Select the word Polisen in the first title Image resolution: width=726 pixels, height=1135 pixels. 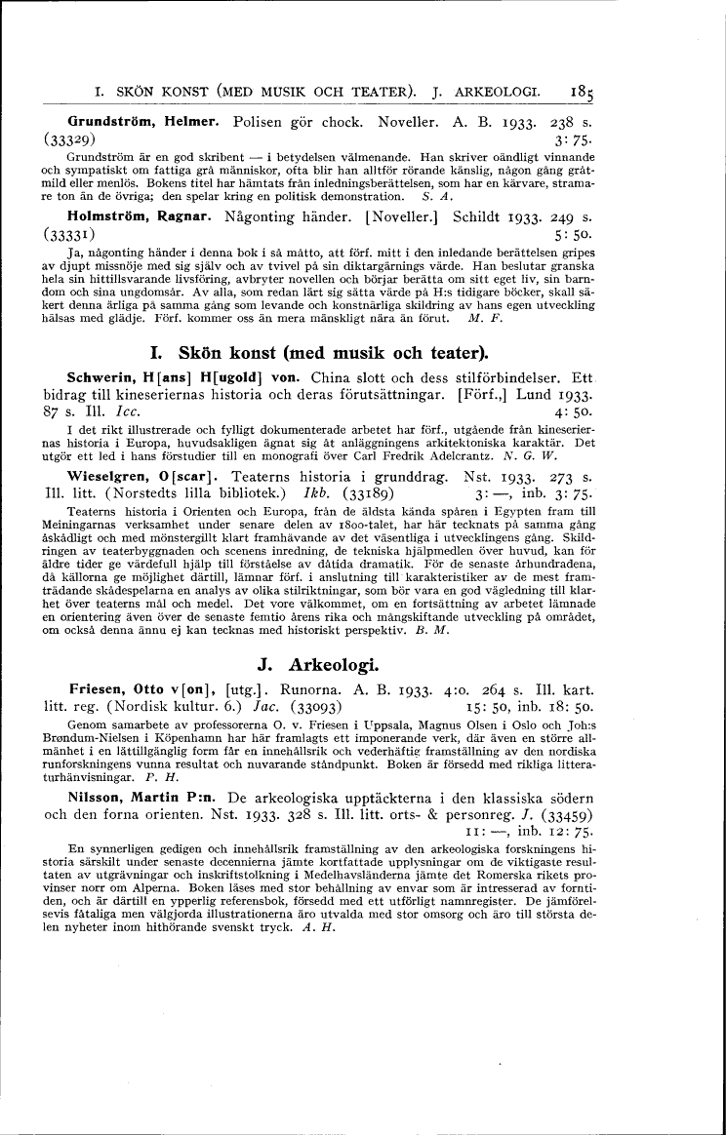coord(265,124)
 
